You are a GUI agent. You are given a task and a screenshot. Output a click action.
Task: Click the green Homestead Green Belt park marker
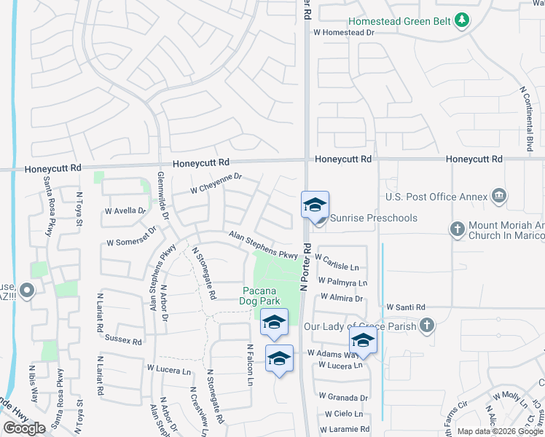coord(460,20)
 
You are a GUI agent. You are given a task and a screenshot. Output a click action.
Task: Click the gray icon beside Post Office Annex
coord(499,195)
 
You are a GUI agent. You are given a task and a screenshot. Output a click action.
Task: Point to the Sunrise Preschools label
coord(374,218)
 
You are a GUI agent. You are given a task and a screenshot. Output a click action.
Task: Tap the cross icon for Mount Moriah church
coord(457,229)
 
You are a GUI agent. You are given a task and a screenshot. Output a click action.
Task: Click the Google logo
coord(24,428)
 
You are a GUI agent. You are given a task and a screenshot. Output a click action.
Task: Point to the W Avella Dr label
coord(125,210)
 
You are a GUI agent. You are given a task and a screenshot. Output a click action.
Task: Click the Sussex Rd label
coord(123,340)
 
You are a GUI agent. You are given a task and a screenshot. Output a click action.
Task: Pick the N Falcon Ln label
coord(249,365)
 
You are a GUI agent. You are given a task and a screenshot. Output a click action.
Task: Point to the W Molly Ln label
coord(509,398)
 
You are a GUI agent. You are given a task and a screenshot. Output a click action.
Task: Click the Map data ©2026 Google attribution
coord(499,431)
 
